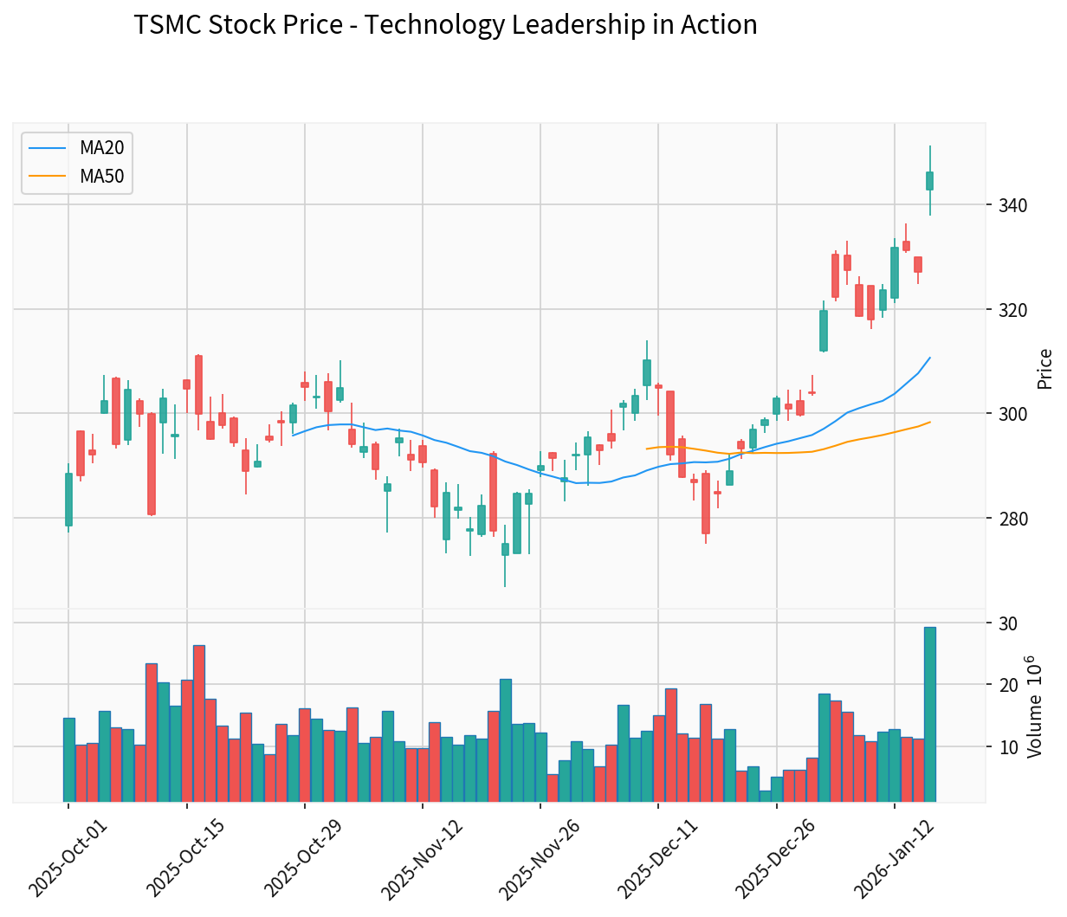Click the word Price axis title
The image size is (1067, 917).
pos(1045,369)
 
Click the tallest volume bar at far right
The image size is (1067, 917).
pos(929,714)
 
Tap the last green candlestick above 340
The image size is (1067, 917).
pos(929,180)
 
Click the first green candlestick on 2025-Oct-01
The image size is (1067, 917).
pos(68,500)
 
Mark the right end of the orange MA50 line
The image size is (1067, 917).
pos(930,422)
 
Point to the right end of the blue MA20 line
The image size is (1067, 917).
pos(930,357)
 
